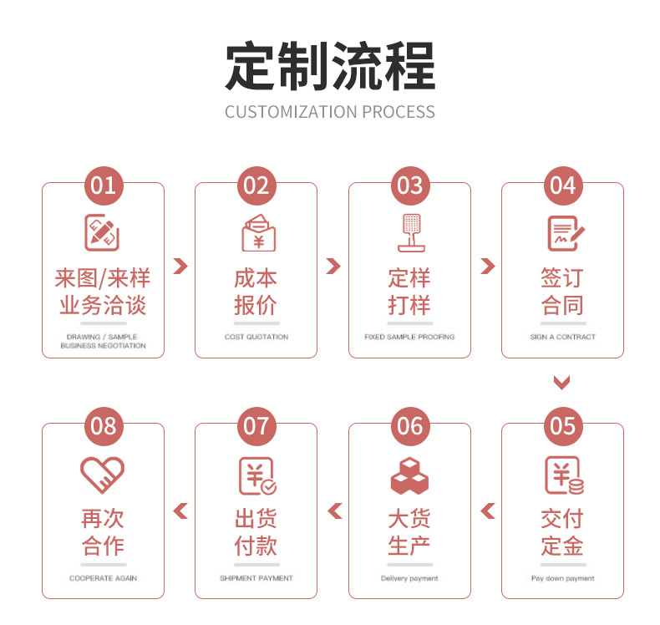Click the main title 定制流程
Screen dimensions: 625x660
tap(330, 67)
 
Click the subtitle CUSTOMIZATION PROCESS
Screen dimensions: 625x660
tap(330, 112)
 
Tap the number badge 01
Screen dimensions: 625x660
tap(104, 185)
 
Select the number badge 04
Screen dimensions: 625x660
tap(562, 185)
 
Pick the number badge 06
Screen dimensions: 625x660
tap(409, 426)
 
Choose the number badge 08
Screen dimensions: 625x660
tap(104, 426)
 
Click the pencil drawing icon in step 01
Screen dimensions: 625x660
tap(104, 231)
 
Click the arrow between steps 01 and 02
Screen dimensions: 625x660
tap(180, 267)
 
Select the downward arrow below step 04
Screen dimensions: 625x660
tap(562, 383)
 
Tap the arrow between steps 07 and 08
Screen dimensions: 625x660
tap(180, 511)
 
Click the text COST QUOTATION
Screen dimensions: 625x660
tap(256, 337)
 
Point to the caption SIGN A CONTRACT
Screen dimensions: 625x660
tap(562, 337)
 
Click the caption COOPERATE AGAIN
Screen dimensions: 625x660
tap(104, 578)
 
